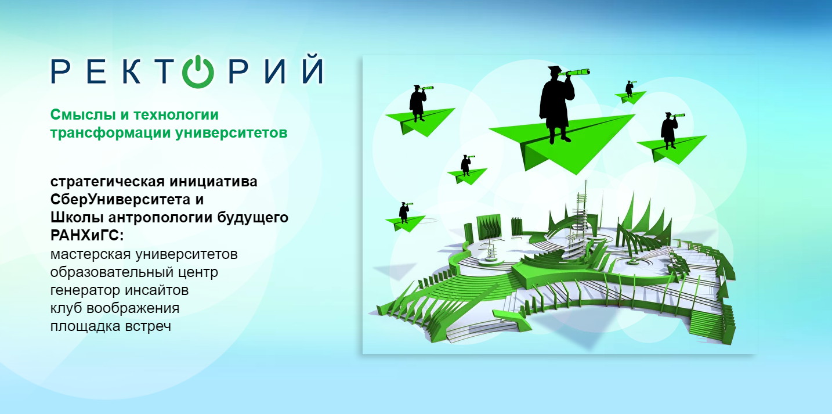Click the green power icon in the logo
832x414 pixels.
[x=198, y=71]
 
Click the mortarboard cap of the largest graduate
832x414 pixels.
[x=554, y=70]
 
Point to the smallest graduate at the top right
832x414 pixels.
[x=629, y=89]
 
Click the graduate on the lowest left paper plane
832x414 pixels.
[x=404, y=213]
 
